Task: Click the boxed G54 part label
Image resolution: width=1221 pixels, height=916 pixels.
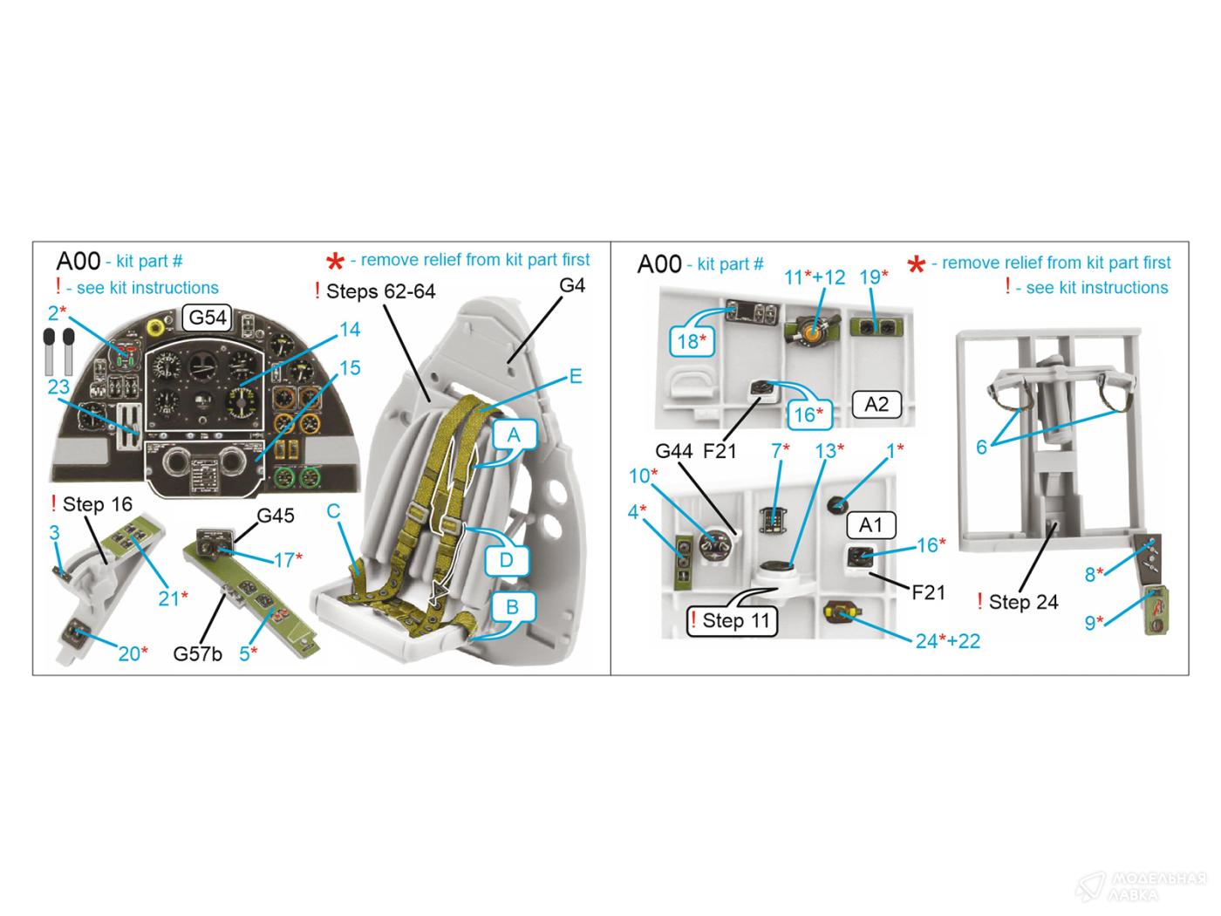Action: tap(208, 318)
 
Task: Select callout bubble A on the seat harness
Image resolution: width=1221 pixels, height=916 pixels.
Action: tap(514, 435)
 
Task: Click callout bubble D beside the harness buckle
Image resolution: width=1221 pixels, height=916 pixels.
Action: tap(506, 559)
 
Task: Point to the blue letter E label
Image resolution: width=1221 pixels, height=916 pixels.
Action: tap(575, 377)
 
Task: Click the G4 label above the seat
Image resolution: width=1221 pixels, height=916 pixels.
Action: tap(571, 285)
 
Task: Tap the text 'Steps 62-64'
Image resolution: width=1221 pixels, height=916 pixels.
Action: tap(380, 291)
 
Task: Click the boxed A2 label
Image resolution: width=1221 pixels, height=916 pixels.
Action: tap(876, 404)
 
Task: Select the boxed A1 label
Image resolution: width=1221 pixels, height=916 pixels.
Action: tap(870, 524)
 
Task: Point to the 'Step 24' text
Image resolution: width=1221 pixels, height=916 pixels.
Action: tap(1022, 602)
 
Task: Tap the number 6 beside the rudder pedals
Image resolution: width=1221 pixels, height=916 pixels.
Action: tap(981, 447)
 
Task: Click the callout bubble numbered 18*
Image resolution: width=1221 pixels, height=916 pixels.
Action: tap(689, 341)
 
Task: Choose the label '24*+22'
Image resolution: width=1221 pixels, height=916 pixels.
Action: tap(947, 641)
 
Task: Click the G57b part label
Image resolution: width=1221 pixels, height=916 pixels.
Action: tap(198, 653)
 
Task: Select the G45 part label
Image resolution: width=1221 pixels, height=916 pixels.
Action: tap(275, 516)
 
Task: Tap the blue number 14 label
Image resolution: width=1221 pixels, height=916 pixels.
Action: tap(349, 329)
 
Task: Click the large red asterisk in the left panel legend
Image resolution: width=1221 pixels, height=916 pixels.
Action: tap(335, 262)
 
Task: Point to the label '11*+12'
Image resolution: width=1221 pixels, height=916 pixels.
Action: tap(814, 277)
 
